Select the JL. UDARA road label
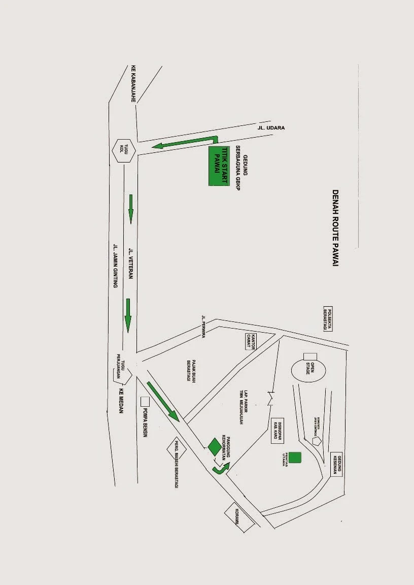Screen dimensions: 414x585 (271, 128)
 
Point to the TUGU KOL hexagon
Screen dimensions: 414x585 (123, 151)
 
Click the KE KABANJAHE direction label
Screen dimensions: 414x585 (134, 84)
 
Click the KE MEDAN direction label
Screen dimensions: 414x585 (121, 401)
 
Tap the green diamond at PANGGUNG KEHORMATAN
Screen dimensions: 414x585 (215, 446)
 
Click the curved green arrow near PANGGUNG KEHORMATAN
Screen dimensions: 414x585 (220, 468)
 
